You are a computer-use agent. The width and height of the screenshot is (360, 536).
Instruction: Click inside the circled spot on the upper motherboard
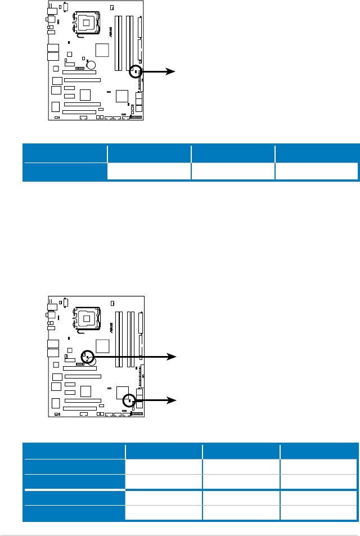pyautogui.click(x=136, y=71)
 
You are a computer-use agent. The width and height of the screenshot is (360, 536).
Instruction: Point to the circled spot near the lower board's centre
pyautogui.click(x=87, y=356)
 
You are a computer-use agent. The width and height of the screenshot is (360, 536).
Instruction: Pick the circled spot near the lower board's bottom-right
pyautogui.click(x=129, y=400)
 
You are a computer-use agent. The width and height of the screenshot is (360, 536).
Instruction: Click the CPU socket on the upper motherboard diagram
pyautogui.click(x=88, y=22)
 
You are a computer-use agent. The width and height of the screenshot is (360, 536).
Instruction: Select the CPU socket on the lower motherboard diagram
pyautogui.click(x=88, y=319)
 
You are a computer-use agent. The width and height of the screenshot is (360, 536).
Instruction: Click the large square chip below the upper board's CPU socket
pyautogui.click(x=102, y=49)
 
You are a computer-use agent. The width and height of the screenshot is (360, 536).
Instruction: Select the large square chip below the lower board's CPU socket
pyautogui.click(x=102, y=345)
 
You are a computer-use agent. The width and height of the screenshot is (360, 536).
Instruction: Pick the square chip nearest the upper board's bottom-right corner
pyautogui.click(x=122, y=96)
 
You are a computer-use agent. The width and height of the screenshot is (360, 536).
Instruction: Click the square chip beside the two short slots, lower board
pyautogui.click(x=85, y=390)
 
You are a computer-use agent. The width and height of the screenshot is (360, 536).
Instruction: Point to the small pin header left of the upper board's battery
pyautogui.click(x=79, y=67)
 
